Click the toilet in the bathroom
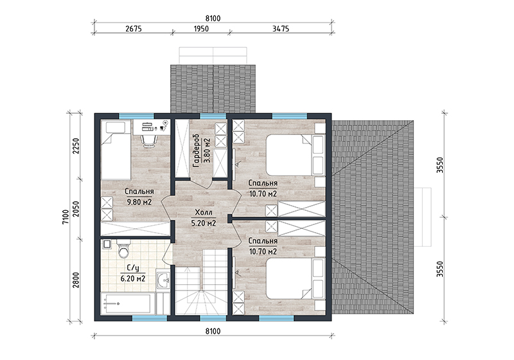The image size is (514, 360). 124,249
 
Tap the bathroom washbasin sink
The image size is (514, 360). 163,280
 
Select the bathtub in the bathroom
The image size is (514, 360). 126,303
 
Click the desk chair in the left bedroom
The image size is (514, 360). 148,139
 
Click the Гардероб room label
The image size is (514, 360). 197,150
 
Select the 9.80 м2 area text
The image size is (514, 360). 139,202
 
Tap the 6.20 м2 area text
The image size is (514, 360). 133,279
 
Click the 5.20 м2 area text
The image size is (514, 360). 203,223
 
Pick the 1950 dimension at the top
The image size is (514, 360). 201,28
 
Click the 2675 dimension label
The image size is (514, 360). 134,28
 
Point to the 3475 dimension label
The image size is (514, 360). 281,28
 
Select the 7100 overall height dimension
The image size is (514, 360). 66,217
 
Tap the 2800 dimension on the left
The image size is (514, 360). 76,280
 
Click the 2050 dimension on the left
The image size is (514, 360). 76,209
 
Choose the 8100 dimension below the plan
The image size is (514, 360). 213,331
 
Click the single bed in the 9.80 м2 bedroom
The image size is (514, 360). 116,150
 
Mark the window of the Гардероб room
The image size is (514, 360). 213,116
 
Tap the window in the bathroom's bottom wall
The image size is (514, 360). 150,318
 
